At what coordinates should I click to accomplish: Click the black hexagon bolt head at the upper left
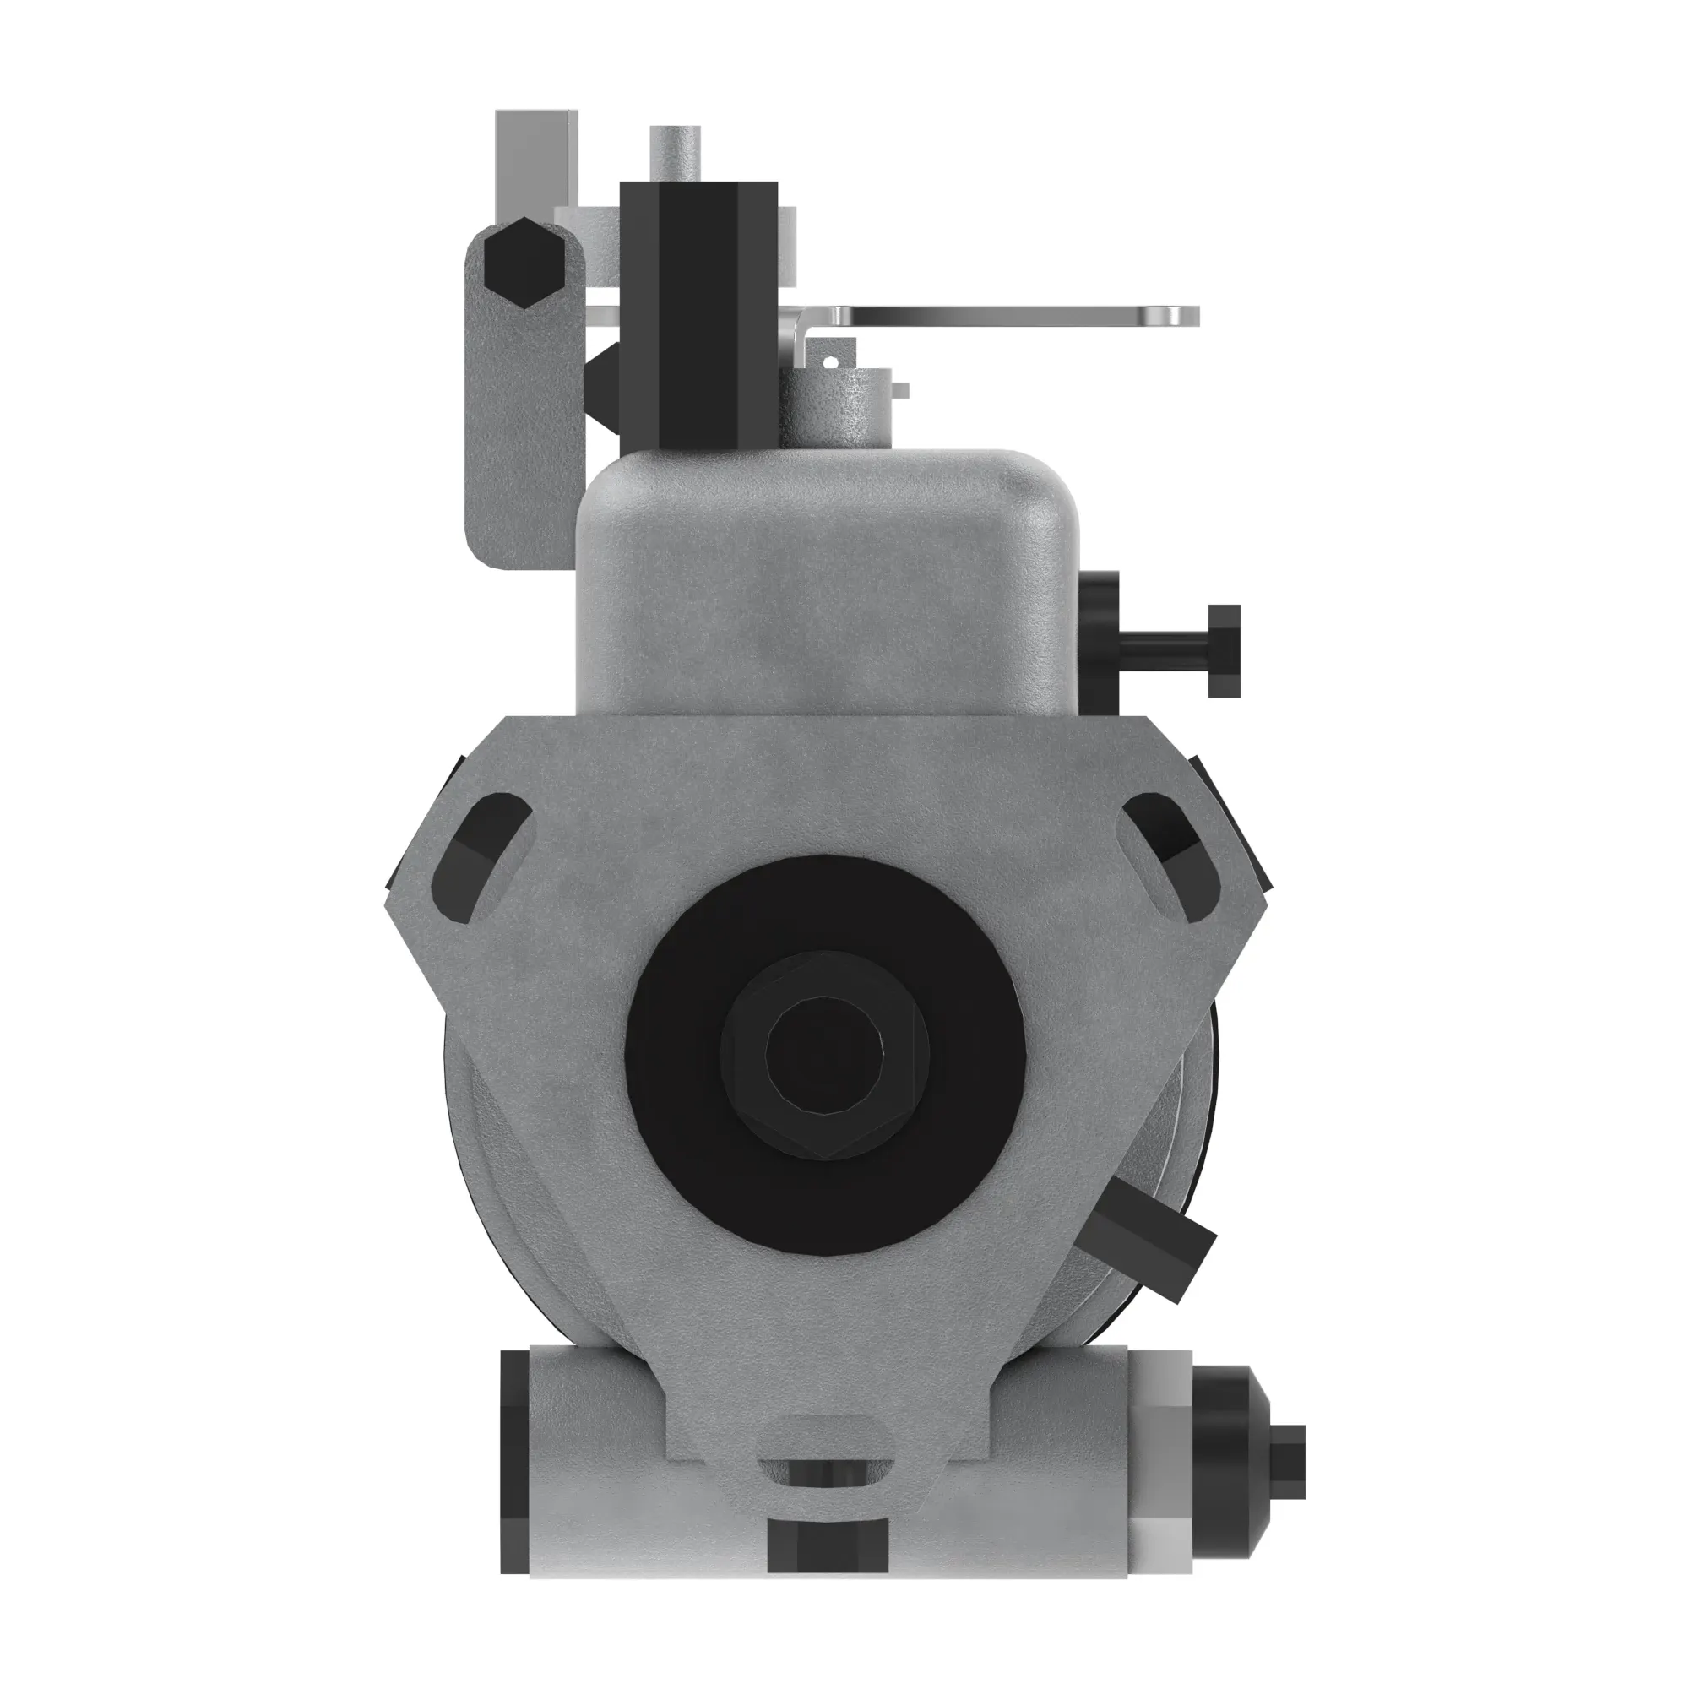coord(523,263)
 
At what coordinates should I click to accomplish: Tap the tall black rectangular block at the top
coord(698,315)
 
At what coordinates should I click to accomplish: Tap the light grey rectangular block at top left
coord(535,157)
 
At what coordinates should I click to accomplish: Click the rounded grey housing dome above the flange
coord(826,577)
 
